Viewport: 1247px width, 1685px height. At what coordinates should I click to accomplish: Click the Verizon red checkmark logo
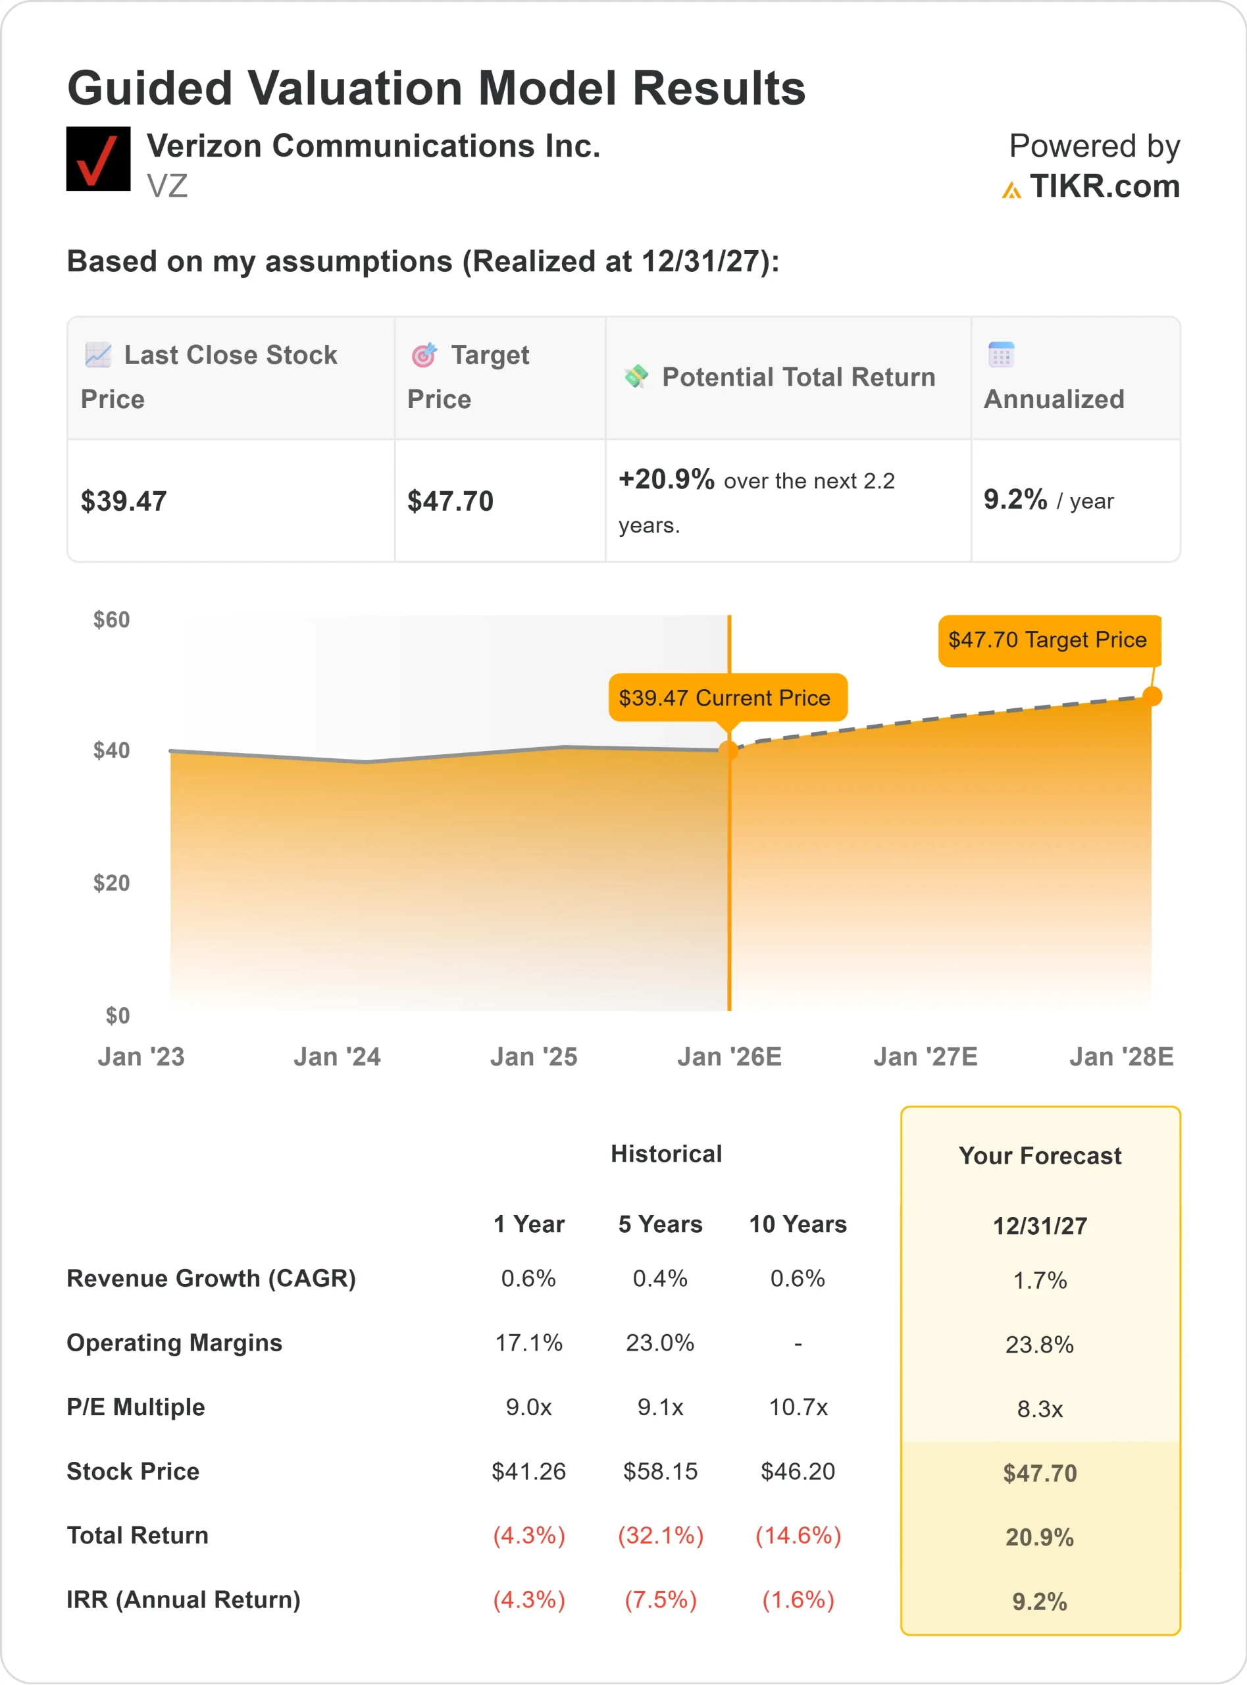click(x=98, y=159)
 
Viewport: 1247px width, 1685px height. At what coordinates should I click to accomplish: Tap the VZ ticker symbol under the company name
click(x=167, y=186)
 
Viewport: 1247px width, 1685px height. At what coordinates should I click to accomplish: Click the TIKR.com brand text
click(x=1104, y=186)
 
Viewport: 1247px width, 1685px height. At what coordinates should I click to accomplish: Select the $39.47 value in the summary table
click(x=124, y=502)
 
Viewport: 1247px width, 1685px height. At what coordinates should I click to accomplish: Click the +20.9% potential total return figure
click(x=666, y=479)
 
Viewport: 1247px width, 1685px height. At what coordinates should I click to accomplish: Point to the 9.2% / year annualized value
click(x=1048, y=500)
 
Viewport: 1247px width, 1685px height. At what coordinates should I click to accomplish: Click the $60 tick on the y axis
click(x=111, y=620)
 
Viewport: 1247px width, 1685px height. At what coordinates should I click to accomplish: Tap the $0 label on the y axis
click(x=117, y=1016)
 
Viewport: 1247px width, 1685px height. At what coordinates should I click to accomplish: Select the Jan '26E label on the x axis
click(x=728, y=1056)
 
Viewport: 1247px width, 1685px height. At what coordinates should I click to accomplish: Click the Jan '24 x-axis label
click(x=337, y=1056)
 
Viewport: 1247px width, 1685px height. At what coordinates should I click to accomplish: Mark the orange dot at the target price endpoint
click(x=1152, y=696)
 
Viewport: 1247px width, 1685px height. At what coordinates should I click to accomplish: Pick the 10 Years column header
click(x=797, y=1224)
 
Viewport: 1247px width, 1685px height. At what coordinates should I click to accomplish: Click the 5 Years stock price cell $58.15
click(x=660, y=1471)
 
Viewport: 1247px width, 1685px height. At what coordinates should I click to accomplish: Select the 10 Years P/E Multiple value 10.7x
click(x=798, y=1407)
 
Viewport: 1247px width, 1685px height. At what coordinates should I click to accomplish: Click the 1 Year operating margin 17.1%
click(x=528, y=1343)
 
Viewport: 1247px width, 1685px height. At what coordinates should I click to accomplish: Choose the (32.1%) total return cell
click(x=660, y=1536)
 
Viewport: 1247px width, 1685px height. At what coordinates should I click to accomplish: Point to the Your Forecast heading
click(x=1040, y=1156)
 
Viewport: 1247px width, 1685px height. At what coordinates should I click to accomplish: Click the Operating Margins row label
click(x=174, y=1343)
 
